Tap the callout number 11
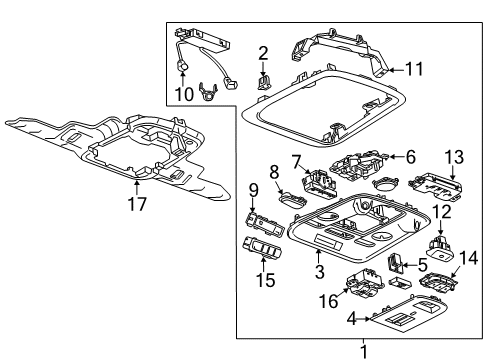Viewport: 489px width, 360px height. pos(414,70)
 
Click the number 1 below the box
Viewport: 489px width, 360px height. pos(363,351)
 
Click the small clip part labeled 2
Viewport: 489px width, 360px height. pos(265,81)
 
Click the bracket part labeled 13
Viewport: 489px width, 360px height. pos(436,184)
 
